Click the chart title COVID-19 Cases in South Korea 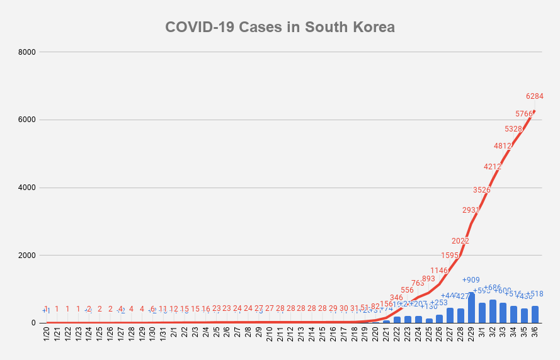click(280, 27)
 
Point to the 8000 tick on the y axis click(28, 52)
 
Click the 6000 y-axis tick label click(28, 120)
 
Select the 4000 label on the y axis click(28, 188)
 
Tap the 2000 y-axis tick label click(28, 256)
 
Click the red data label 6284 click(534, 96)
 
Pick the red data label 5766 click(524, 114)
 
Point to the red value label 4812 click(503, 146)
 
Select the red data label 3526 click(481, 189)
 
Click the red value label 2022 click(460, 240)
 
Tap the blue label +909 click(471, 280)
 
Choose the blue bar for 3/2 click(493, 312)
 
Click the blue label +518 click(536, 294)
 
